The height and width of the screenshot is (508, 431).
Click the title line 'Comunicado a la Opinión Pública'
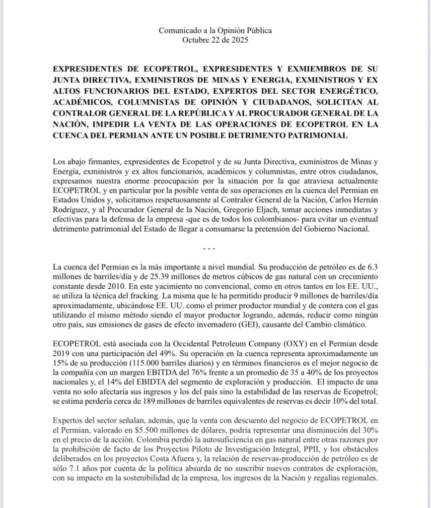[215, 30]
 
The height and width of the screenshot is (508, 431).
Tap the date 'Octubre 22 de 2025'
[215, 40]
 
